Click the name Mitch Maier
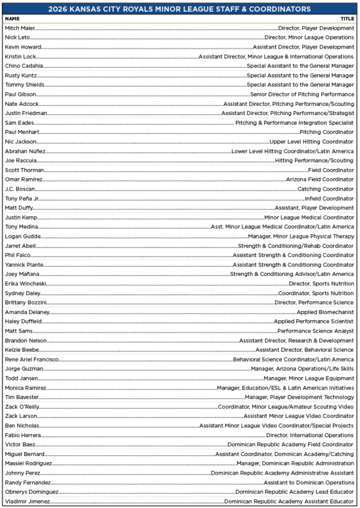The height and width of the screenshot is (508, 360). click(20, 28)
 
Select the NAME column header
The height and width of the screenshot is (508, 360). click(12, 18)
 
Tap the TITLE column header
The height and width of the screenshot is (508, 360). click(347, 18)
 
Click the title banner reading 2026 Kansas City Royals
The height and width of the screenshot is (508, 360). click(180, 9)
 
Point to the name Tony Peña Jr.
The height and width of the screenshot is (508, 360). click(22, 198)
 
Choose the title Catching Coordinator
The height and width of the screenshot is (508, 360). click(325, 189)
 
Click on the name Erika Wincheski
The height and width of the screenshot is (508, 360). click(26, 283)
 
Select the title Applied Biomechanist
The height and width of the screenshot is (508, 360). click(325, 312)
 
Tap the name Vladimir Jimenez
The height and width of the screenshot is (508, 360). click(27, 501)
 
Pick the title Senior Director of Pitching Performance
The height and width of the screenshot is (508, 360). click(302, 94)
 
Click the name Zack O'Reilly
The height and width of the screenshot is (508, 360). click(23, 406)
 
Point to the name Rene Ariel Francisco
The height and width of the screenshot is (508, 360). click(32, 359)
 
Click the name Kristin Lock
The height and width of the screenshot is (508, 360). click(20, 57)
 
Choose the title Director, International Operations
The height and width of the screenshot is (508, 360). click(309, 434)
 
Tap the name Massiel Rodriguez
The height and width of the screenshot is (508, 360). click(29, 463)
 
